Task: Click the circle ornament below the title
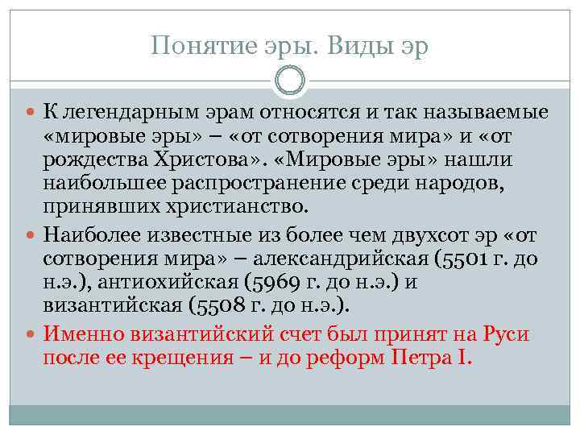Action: (x=289, y=81)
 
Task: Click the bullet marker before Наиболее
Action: (x=31, y=237)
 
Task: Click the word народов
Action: (x=455, y=183)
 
